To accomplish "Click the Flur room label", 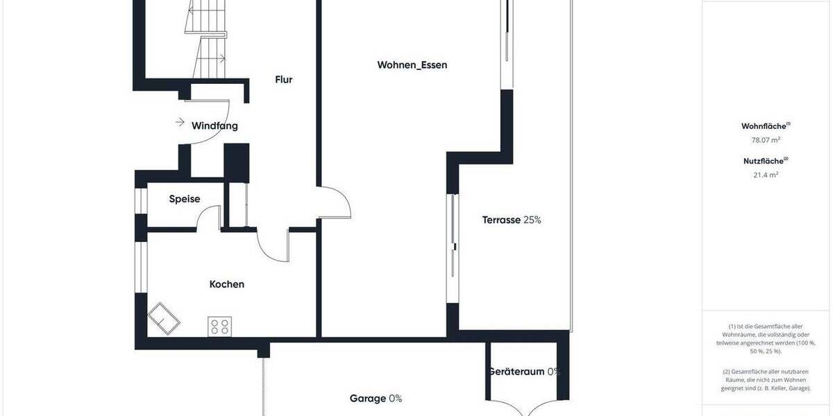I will tap(283, 80).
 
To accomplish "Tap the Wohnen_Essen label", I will tap(412, 65).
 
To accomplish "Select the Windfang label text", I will tap(214, 126).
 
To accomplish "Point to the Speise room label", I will tap(185, 200).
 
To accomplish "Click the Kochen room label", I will tap(227, 284).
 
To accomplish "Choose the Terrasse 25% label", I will tap(512, 220).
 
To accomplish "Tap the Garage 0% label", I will tap(376, 399).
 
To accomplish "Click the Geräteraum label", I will tap(516, 372).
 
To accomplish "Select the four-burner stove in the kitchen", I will tap(220, 327).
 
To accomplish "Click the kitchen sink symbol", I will tap(164, 318).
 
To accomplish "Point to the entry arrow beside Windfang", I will tap(180, 123).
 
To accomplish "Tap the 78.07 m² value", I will tap(766, 139).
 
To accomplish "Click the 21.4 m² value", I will tap(766, 174).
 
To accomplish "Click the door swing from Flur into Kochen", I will tap(273, 246).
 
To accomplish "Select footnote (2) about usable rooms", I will tap(766, 381).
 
